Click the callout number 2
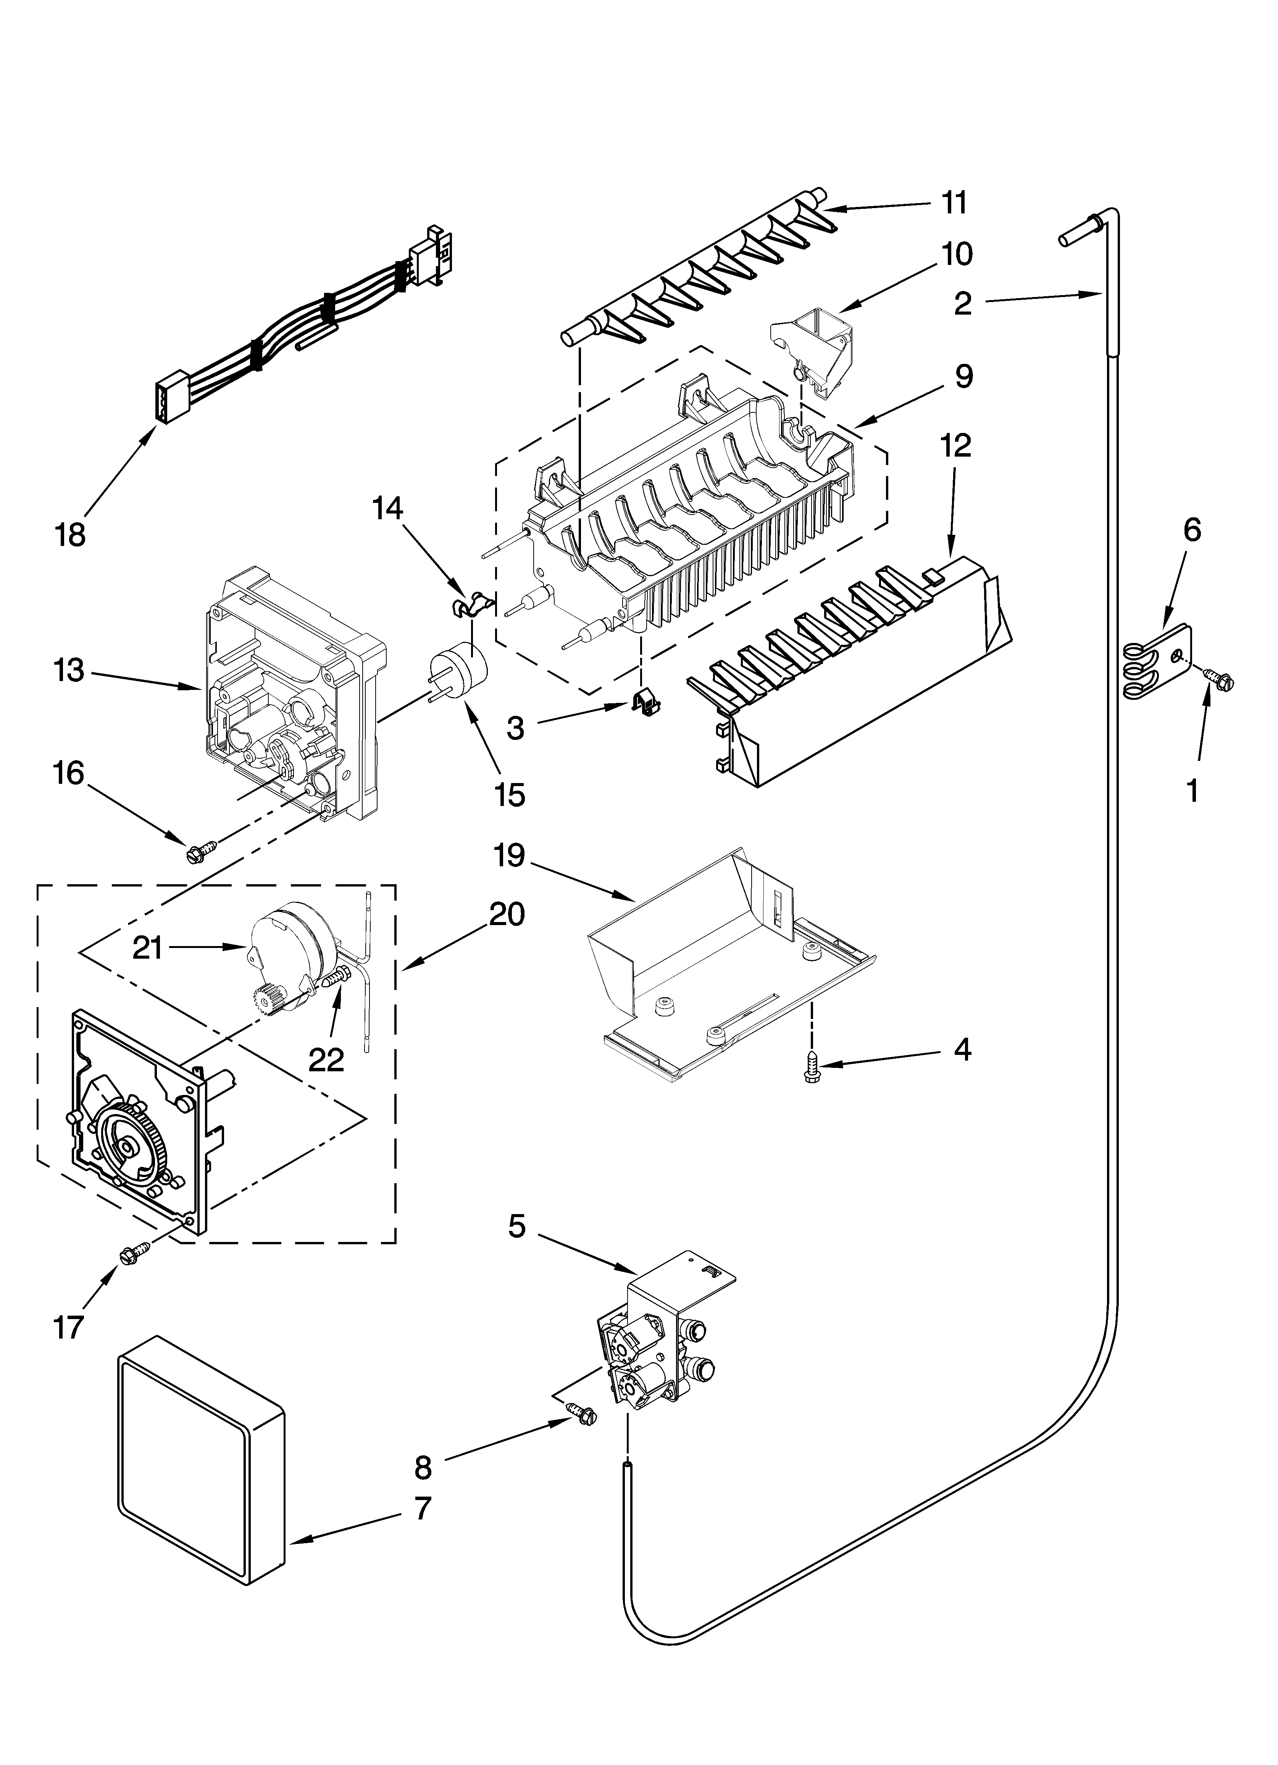(963, 303)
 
